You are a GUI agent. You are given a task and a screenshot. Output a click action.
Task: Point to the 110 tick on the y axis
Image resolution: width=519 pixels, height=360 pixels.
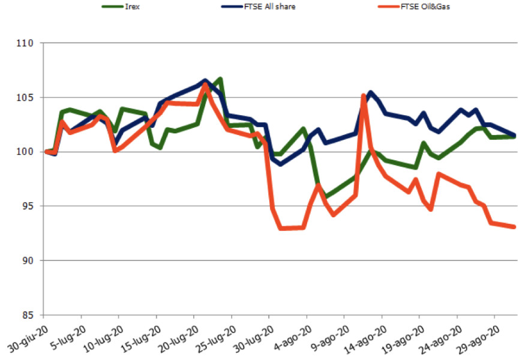click(27, 44)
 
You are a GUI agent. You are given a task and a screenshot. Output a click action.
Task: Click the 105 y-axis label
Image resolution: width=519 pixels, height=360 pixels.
click(27, 98)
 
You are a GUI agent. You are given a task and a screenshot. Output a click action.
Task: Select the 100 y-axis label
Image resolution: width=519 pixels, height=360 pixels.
click(27, 152)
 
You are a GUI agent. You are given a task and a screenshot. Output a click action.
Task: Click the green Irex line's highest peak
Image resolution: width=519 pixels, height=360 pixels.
click(220, 79)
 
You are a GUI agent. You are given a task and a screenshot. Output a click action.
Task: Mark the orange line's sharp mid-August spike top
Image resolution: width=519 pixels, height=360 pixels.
click(364, 95)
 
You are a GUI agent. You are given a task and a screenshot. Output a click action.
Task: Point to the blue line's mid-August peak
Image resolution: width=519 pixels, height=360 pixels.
click(370, 92)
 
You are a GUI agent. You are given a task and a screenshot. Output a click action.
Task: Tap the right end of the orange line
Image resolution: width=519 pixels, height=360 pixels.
click(515, 227)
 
